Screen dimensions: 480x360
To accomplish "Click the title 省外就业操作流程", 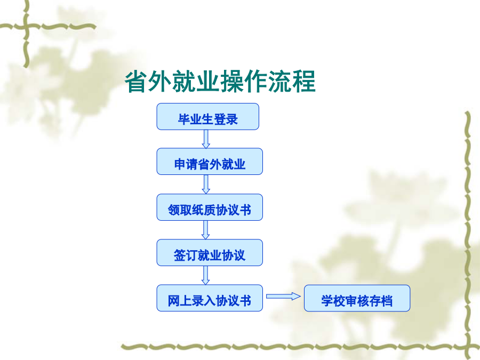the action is click(220, 81).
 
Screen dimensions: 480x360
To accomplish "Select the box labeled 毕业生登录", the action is click(208, 117).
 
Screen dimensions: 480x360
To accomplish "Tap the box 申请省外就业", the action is click(210, 162).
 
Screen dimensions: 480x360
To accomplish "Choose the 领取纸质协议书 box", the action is click(210, 207).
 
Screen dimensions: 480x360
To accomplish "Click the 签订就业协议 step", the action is click(210, 253).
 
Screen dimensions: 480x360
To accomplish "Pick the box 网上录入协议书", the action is click(210, 298).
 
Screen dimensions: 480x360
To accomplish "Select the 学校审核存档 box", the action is click(357, 298).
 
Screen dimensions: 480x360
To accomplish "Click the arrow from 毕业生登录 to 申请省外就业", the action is click(206, 139).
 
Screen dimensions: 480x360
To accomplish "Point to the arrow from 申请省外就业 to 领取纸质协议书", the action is click(206, 185).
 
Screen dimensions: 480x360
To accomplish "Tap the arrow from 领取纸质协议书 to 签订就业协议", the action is click(206, 230).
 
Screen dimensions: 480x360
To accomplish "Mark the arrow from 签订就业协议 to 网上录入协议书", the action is click(206, 275).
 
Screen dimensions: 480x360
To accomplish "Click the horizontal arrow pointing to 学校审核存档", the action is click(284, 297).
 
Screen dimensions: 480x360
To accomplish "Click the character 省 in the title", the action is click(136, 82).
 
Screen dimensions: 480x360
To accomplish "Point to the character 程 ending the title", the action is click(304, 82).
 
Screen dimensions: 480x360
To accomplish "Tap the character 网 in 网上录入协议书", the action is click(173, 301).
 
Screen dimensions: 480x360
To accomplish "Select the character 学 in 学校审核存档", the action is click(327, 301).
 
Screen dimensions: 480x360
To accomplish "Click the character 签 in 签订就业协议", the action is click(180, 255).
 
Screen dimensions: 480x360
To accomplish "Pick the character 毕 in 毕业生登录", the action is click(184, 119).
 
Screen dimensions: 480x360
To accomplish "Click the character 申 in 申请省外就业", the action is click(180, 164).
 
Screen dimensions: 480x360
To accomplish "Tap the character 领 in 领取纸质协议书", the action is click(174, 210).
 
